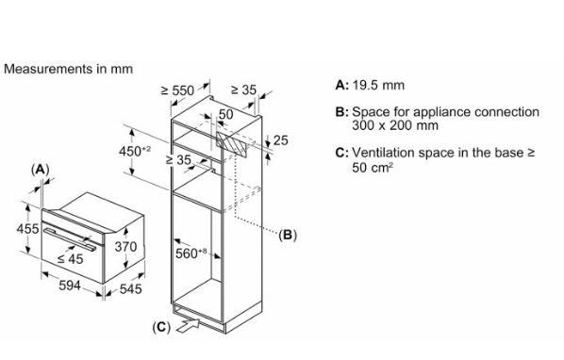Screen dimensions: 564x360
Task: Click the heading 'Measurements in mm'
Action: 68,69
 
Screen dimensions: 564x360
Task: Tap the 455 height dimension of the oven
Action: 27,228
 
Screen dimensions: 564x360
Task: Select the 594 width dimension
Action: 70,286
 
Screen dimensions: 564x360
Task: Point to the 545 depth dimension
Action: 130,288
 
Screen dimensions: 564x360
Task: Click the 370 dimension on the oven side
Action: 125,247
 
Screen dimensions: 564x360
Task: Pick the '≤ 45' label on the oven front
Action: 71,258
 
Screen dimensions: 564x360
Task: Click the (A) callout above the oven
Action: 40,170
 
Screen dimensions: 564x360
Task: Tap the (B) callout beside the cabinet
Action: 288,235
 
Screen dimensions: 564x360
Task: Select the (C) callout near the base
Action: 161,327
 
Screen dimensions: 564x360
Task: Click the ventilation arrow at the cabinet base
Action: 189,325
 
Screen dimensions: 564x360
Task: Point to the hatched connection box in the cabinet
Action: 232,144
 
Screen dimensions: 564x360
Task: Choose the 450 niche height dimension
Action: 135,152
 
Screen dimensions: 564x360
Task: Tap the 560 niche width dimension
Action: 191,254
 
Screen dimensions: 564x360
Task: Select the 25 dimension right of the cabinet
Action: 280,140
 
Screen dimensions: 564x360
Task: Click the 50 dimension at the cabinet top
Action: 226,114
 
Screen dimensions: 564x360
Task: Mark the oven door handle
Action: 70,239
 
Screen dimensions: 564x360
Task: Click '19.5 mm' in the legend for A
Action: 378,85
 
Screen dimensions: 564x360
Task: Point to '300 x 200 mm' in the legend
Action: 395,125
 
